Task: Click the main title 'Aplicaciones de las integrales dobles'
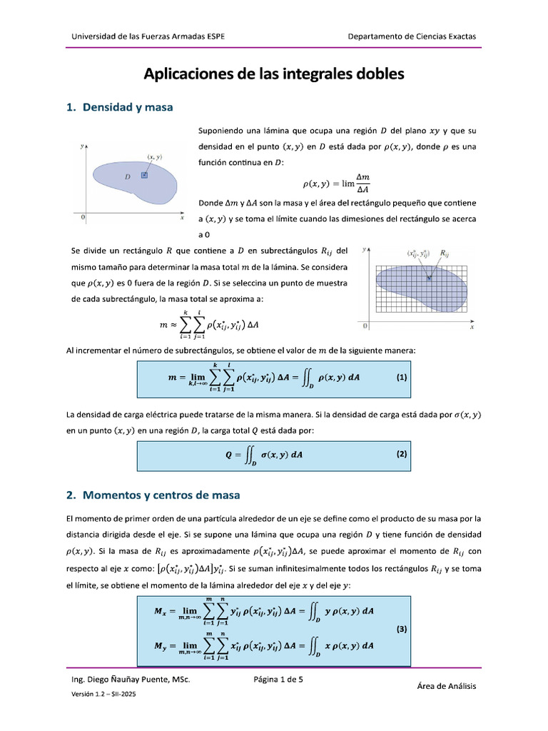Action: pos(274,74)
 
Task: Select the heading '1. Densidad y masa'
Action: pos(119,108)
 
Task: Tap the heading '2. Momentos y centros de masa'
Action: pos(153,495)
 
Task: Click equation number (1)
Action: pos(402,377)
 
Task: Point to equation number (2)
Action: pos(402,454)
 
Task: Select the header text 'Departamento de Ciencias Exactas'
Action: pos(412,36)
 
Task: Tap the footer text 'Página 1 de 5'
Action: pos(278,680)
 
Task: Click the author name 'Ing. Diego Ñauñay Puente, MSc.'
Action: pos(128,680)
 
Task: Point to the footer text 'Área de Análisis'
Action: pos(446,686)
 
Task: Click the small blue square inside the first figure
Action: pos(144,174)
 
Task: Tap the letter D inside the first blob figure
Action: pos(127,176)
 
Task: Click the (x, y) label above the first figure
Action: pos(154,156)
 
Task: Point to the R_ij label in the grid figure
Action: pos(445,253)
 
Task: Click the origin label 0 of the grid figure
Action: pos(365,326)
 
